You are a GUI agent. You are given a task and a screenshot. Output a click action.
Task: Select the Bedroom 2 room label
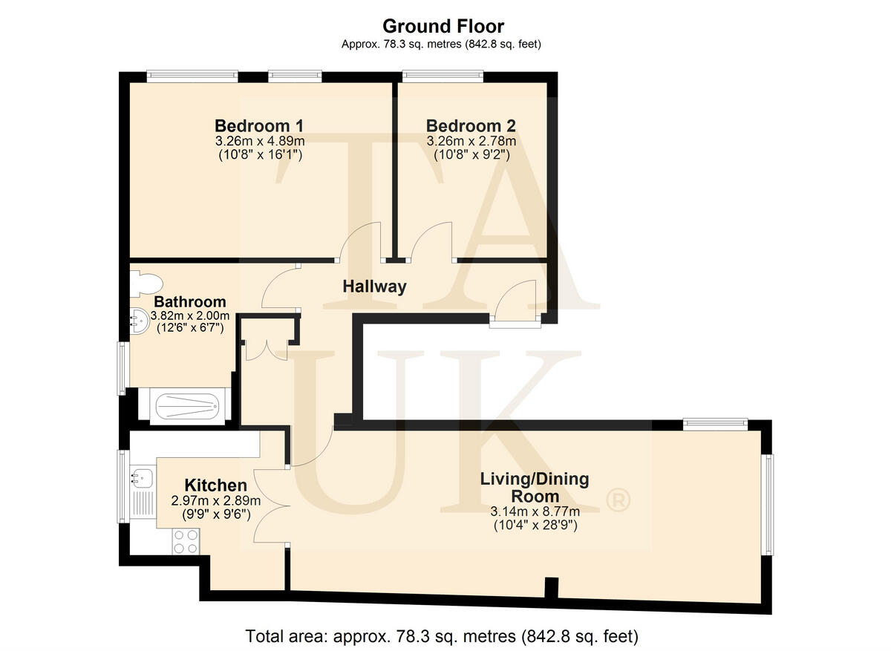(471, 125)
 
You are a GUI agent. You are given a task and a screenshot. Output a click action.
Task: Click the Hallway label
(374, 287)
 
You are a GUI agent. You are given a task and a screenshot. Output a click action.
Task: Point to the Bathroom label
(189, 302)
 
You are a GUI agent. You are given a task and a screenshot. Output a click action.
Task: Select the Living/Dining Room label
(535, 488)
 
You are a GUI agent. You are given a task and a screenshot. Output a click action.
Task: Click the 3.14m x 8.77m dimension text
(535, 511)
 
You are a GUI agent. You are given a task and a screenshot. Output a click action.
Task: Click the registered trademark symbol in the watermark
(618, 502)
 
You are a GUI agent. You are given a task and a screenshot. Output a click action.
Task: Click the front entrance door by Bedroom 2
(515, 304)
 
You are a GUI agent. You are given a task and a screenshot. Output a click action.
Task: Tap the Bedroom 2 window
(443, 75)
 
